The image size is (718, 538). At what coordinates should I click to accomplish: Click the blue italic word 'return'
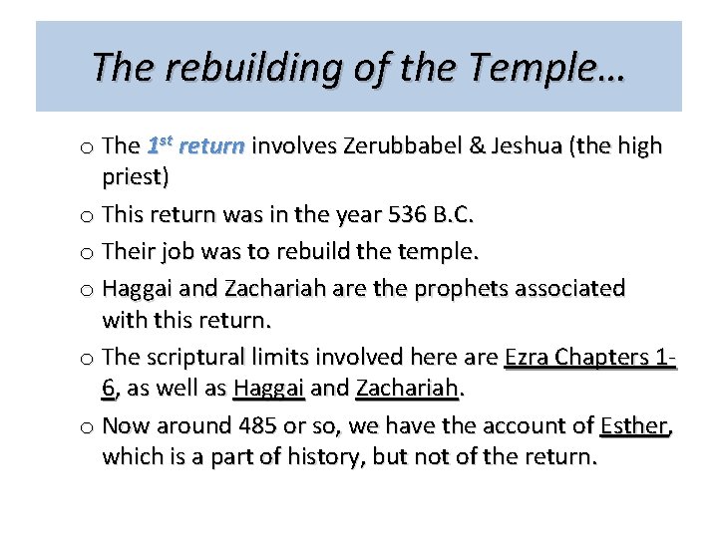pyautogui.click(x=211, y=146)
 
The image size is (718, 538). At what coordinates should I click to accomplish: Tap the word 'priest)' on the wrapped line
pyautogui.click(x=136, y=178)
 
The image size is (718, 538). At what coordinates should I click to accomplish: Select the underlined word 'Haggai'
pyautogui.click(x=269, y=389)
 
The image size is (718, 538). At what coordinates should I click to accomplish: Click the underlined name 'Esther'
pyautogui.click(x=635, y=426)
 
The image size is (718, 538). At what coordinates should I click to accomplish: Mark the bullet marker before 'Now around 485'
pyautogui.click(x=86, y=427)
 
